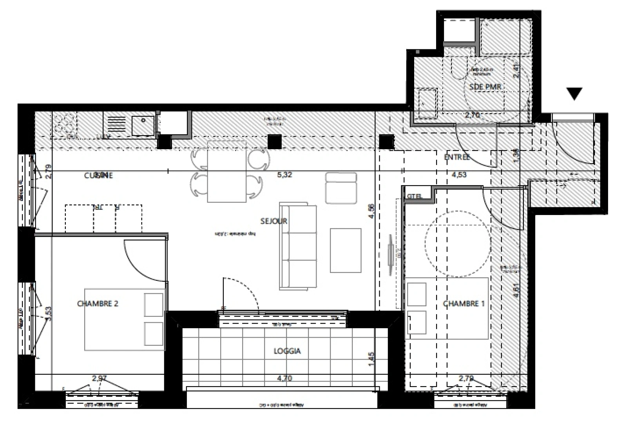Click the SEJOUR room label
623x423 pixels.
coord(274,221)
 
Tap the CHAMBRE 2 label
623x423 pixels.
coord(98,304)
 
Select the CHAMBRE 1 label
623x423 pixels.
coord(461,304)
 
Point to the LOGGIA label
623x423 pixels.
coord(287,351)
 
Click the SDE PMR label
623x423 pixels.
coord(485,87)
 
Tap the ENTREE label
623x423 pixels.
coord(456,157)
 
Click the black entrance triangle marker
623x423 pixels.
coord(574,93)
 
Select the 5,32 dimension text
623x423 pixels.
coord(284,175)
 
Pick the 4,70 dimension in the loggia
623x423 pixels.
coord(284,379)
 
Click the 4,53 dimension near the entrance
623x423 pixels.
coord(459,175)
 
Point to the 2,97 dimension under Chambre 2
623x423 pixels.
coord(99,379)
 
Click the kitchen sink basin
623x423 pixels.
coord(143,125)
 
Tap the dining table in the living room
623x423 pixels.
coord(226,171)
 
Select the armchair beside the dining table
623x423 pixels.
coord(341,188)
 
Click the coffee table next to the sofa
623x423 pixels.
coord(345,250)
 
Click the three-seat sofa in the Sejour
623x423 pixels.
coord(298,246)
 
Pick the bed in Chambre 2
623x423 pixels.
coord(124,320)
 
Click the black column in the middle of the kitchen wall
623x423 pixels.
coord(275,141)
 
